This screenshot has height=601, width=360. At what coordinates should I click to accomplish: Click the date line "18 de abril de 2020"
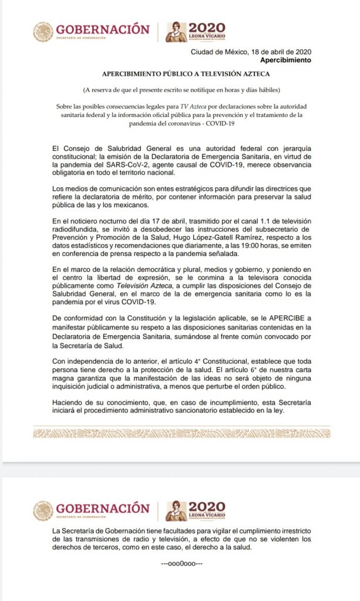(282, 52)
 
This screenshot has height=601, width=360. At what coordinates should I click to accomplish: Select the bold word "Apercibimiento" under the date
(285, 60)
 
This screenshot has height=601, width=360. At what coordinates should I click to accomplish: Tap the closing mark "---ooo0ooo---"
(181, 563)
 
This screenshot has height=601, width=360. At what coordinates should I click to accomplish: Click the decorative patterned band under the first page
(180, 433)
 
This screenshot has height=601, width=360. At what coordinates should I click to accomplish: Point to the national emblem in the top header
(43, 32)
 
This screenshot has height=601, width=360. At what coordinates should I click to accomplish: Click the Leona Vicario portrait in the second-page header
(176, 511)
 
